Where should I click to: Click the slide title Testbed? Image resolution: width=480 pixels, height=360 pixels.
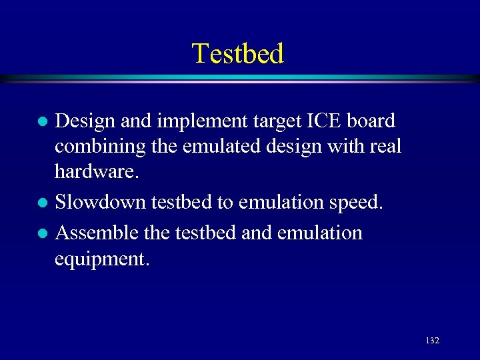click(238, 53)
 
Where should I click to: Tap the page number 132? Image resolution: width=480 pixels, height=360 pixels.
click(432, 340)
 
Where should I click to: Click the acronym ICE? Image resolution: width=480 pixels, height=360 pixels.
click(322, 121)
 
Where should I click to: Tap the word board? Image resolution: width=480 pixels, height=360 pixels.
click(371, 121)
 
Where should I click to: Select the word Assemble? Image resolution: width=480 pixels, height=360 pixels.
click(98, 233)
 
